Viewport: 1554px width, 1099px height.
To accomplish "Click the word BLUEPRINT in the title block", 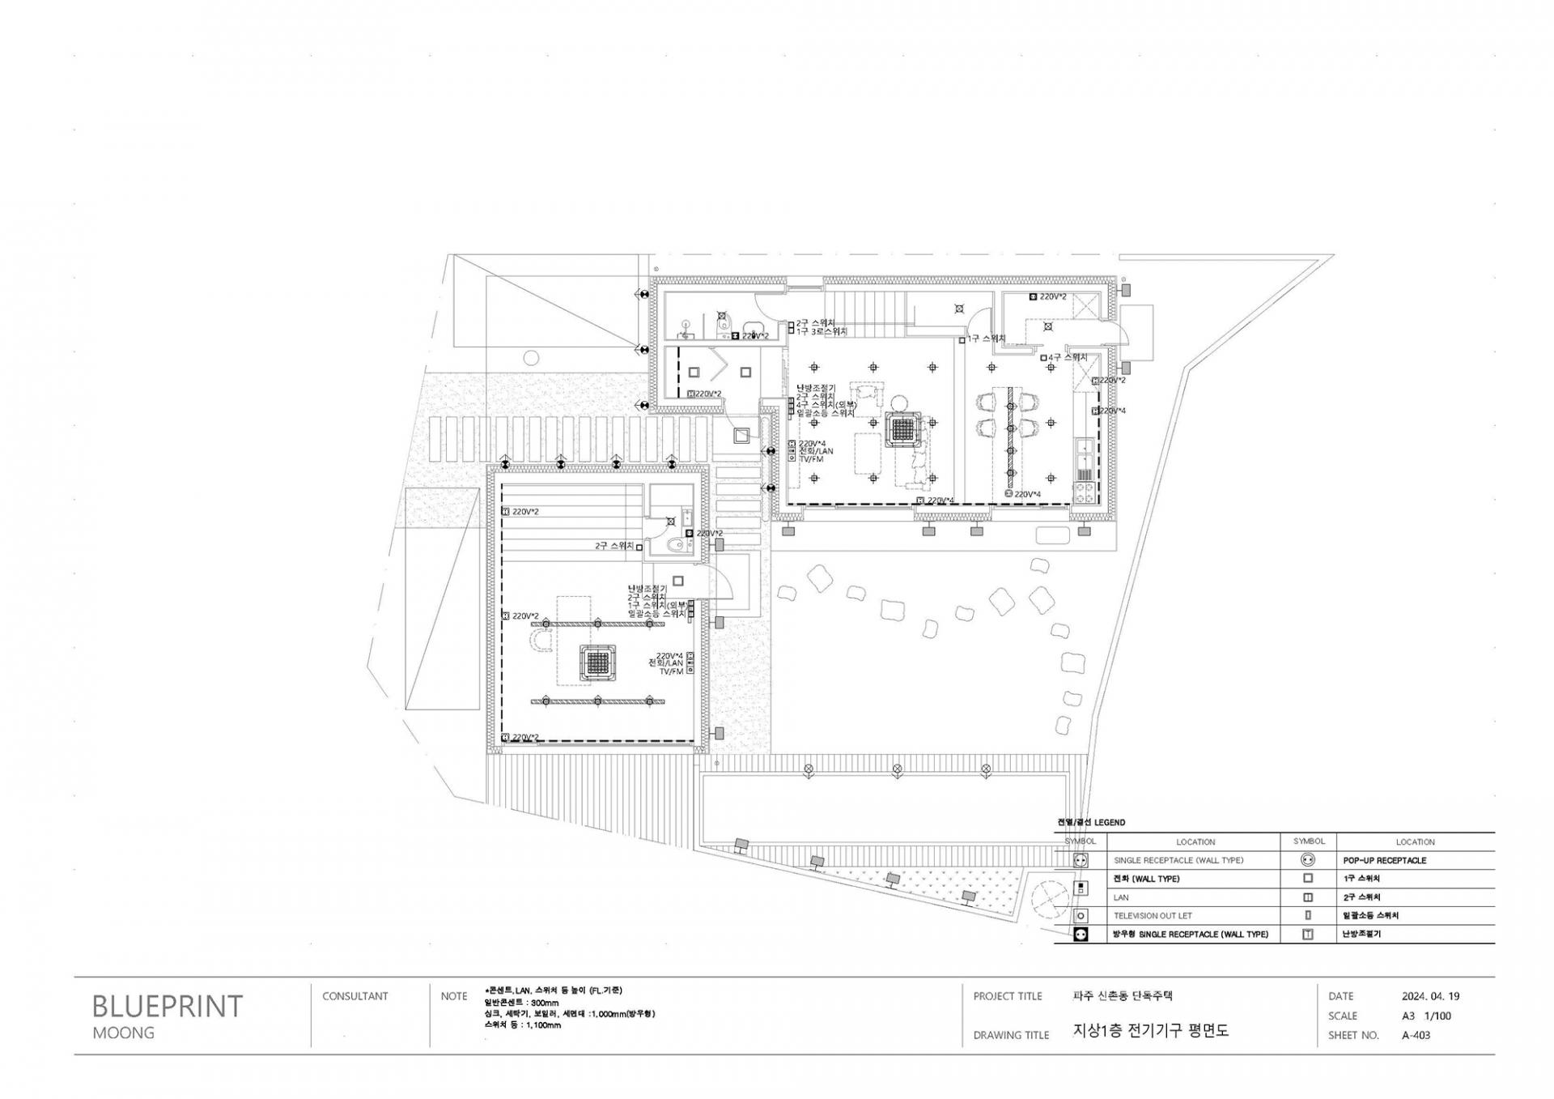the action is click(x=167, y=1006).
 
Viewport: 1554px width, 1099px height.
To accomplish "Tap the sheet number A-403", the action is click(x=1416, y=1035).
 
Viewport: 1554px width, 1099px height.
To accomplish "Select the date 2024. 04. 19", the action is click(x=1430, y=996).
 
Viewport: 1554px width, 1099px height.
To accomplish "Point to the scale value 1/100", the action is click(x=1437, y=1016).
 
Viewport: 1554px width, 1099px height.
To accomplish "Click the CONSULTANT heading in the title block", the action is click(x=355, y=996).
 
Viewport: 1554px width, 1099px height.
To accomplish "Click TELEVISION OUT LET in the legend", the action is click(x=1153, y=916).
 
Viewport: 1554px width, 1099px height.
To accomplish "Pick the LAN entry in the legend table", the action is click(x=1121, y=897).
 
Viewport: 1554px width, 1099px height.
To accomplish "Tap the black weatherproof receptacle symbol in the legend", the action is click(x=1080, y=935).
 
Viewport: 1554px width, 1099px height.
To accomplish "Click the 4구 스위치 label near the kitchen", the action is click(x=1068, y=357).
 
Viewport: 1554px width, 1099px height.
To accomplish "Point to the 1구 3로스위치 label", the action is click(x=822, y=332).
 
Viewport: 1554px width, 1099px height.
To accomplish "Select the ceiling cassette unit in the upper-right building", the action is click(x=903, y=429).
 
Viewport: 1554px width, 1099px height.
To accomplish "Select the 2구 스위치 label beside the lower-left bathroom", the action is click(x=614, y=546).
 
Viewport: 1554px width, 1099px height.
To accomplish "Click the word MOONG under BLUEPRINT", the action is click(x=123, y=1033).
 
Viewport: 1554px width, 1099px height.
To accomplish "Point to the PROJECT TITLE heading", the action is click(x=1007, y=996).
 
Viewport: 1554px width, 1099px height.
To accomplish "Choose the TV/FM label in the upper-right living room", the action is click(x=811, y=459).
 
